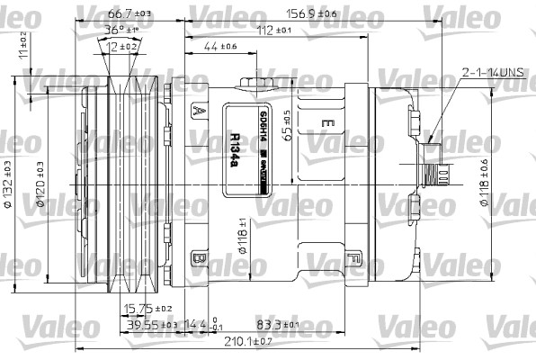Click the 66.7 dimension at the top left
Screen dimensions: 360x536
point(125,15)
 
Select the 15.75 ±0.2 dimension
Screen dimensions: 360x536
point(147,308)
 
